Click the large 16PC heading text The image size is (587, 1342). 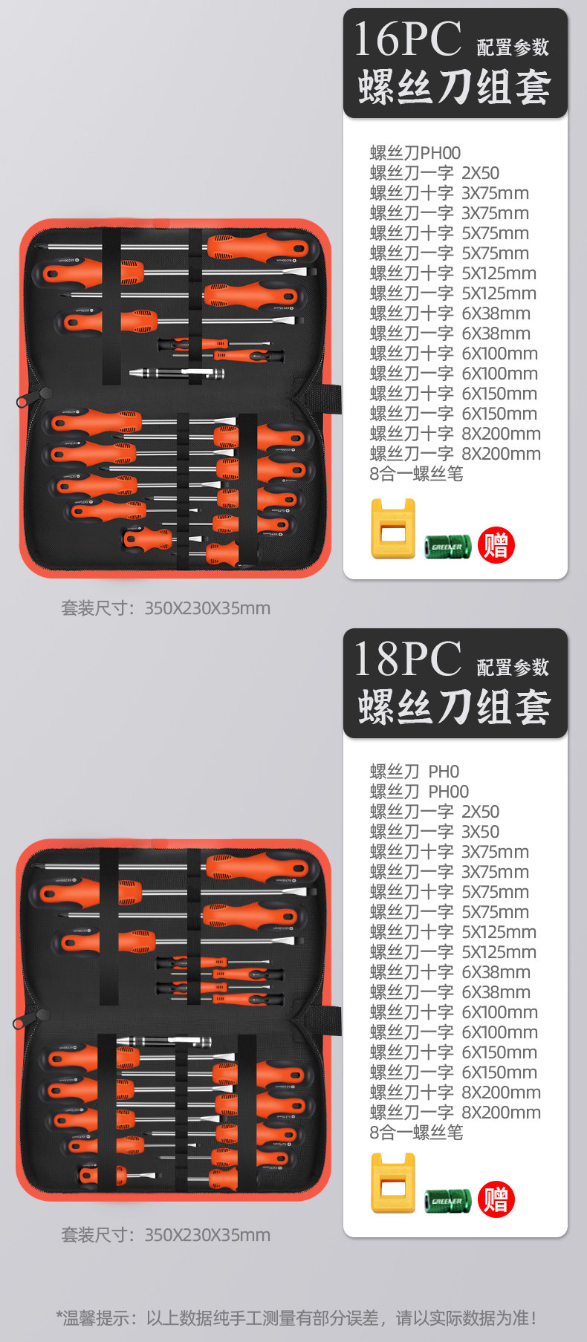pyautogui.click(x=407, y=39)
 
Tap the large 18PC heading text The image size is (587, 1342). pyautogui.click(x=407, y=659)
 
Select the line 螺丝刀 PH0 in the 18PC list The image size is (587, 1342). pyautogui.click(x=415, y=772)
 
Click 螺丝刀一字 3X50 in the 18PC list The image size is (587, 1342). pyautogui.click(x=435, y=832)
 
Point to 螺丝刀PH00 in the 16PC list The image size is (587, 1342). pyautogui.click(x=415, y=153)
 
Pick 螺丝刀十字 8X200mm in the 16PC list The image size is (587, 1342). pyautogui.click(x=455, y=434)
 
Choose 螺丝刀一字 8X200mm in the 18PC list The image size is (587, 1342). pyautogui.click(x=455, y=1113)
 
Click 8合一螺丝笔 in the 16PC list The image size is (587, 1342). pyautogui.click(x=416, y=474)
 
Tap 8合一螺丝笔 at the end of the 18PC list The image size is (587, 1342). pyautogui.click(x=416, y=1133)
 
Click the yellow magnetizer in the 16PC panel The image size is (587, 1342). pyautogui.click(x=392, y=529)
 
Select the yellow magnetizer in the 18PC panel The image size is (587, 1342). pyautogui.click(x=392, y=1183)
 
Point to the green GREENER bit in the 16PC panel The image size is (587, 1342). pyautogui.click(x=447, y=547)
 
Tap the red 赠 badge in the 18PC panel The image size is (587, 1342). pyautogui.click(x=496, y=1199)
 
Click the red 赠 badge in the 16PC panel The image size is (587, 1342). pyautogui.click(x=496, y=546)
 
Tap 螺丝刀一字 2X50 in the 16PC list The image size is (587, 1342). pyautogui.click(x=435, y=173)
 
